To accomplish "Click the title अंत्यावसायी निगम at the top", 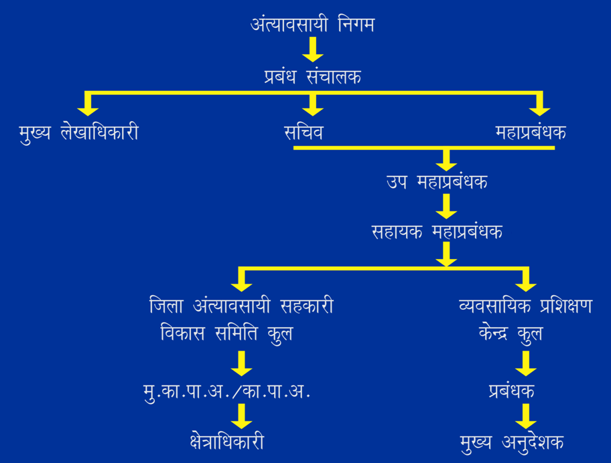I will coord(312,26).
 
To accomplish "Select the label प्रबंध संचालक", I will coord(312,77).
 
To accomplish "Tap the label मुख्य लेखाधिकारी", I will coord(79,132).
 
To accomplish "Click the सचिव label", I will coord(303,132).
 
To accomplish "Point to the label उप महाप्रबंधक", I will coord(436,181).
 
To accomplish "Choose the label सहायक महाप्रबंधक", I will coord(437,231).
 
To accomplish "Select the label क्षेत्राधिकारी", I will coord(226,442).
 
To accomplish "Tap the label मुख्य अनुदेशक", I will coord(512,442).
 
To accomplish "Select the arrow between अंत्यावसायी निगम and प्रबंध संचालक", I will coord(312,50).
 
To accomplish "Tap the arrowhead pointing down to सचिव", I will coord(312,107).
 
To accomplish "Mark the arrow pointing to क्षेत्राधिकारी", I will coord(241,416).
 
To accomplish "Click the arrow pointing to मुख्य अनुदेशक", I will coord(526,416).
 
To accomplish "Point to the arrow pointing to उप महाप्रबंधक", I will coord(446,159).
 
